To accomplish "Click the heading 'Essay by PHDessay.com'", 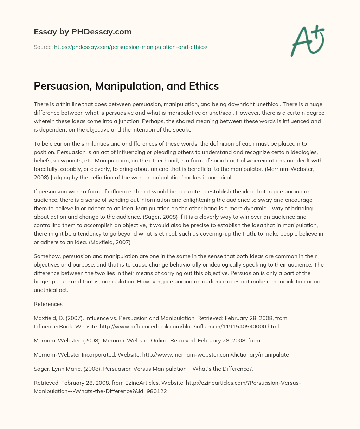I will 83,32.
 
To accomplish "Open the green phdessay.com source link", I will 131,47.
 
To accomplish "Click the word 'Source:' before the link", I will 43,47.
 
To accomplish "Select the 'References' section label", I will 48,304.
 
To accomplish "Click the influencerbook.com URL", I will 189,326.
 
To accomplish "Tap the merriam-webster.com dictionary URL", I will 216,354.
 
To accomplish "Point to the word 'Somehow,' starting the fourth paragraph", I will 46,256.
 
